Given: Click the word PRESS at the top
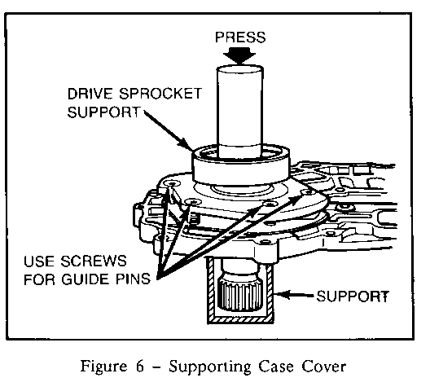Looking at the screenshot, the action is click(x=240, y=37).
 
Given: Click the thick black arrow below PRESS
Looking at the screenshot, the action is click(x=239, y=56).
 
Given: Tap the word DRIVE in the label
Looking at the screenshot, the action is click(x=90, y=94).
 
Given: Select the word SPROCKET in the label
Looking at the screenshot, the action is click(x=160, y=94).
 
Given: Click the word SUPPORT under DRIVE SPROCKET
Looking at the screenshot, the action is click(x=104, y=112).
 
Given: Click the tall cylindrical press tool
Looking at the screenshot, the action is click(x=239, y=112).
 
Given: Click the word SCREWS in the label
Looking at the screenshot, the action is click(x=94, y=261).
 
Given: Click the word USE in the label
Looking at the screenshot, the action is click(x=39, y=261).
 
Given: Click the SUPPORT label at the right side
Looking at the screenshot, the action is click(x=353, y=297).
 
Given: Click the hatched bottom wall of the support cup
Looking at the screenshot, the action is click(x=240, y=319).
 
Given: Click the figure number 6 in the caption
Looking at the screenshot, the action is click(x=140, y=367).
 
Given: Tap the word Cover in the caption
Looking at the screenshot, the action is click(x=324, y=367).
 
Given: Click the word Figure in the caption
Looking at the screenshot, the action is click(x=104, y=367).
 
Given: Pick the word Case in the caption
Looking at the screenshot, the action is click(x=276, y=367).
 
